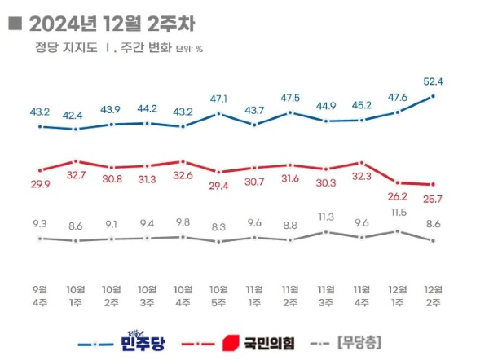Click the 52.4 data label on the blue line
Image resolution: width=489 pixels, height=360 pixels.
tap(433, 80)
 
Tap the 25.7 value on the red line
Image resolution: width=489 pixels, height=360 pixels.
tap(433, 199)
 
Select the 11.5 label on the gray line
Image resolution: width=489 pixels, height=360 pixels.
tap(398, 213)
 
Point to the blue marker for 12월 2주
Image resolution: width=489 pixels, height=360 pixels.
tap(433, 96)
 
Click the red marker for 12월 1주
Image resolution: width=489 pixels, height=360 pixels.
tap(398, 182)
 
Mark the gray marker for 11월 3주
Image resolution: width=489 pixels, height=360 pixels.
tap(326, 231)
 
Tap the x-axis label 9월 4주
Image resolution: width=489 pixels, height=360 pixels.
tap(41, 295)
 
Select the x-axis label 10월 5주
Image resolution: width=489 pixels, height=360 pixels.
tap(219, 295)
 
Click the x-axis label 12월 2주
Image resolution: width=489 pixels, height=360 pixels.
tap(433, 295)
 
